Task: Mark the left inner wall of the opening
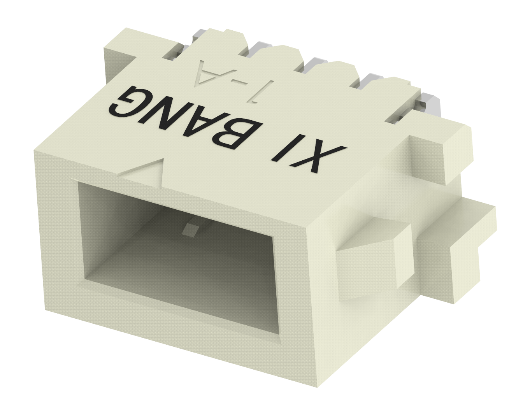click(x=84, y=233)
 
